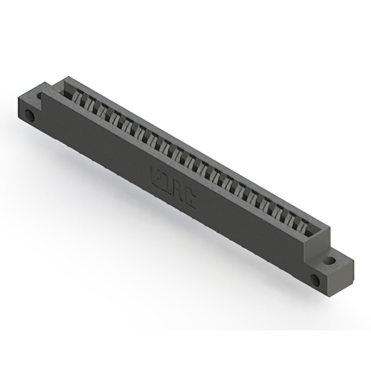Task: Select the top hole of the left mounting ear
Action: pos(41,94)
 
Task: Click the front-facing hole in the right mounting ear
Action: pos(315,281)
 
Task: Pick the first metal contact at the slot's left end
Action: pos(74,97)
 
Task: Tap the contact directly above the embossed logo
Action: pos(182,156)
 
